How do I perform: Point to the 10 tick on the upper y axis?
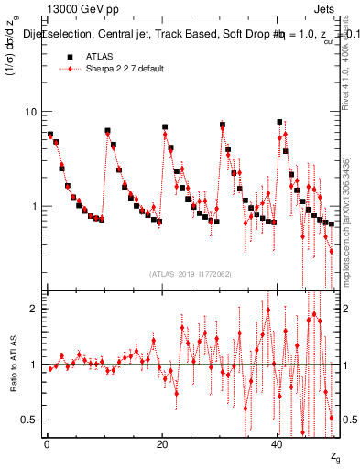31,112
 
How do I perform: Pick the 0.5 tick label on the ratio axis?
30,420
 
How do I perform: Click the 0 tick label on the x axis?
47,443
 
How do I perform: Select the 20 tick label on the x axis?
162,443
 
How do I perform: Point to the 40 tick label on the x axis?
278,443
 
